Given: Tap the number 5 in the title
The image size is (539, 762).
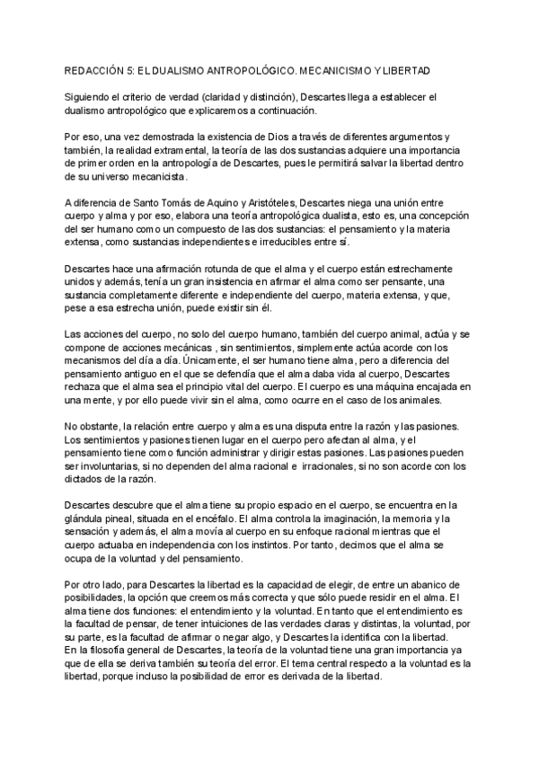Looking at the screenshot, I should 135,70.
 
